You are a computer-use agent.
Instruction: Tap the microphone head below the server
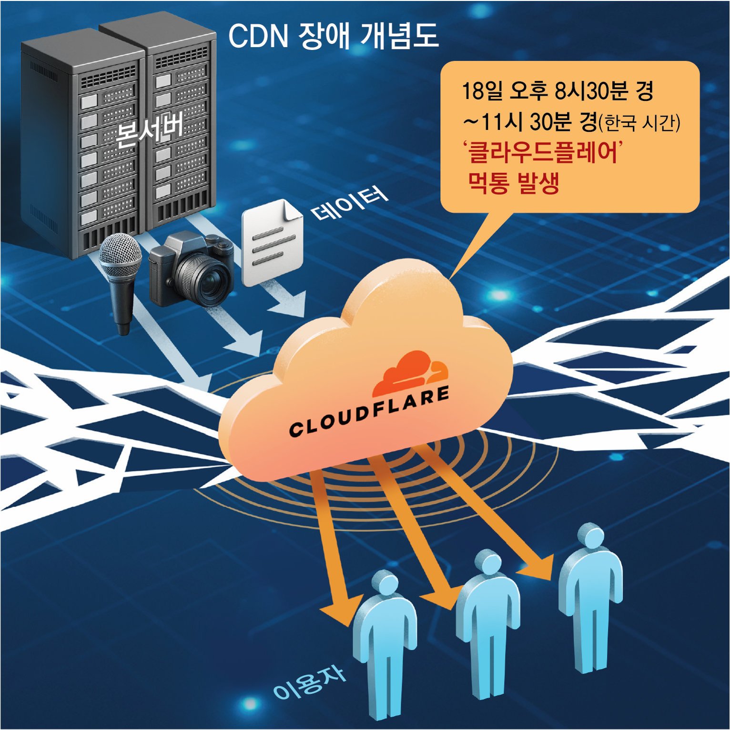coord(120,255)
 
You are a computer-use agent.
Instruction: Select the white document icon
coord(271,243)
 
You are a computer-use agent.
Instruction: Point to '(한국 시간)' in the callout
coord(639,123)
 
